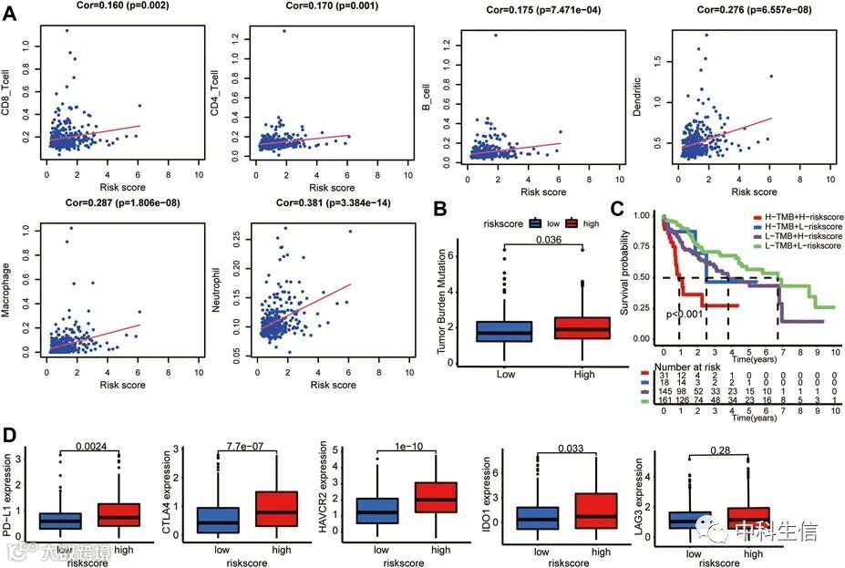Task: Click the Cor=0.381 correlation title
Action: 315,202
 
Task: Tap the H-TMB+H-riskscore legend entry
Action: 795,218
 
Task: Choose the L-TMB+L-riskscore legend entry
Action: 795,248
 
